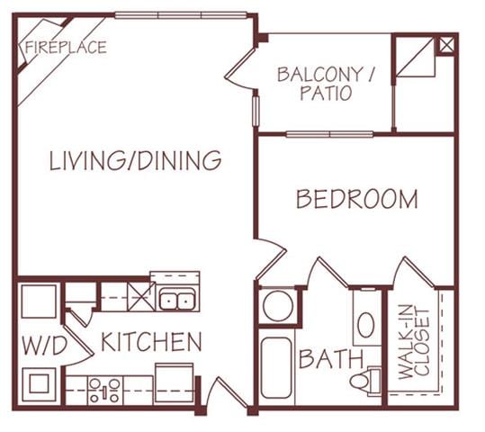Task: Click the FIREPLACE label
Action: [x=65, y=47]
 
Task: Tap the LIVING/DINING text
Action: [x=135, y=160]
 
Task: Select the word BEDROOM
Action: [x=356, y=199]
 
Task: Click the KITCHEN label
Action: [x=150, y=342]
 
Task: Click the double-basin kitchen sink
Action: [x=177, y=300]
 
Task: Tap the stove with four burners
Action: [x=104, y=389]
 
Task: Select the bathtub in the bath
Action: [x=277, y=369]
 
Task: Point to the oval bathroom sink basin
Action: [x=365, y=325]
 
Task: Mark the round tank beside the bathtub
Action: [x=277, y=306]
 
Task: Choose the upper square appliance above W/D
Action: [x=40, y=300]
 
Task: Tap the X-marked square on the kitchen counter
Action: [x=140, y=294]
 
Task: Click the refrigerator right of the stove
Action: [x=174, y=382]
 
